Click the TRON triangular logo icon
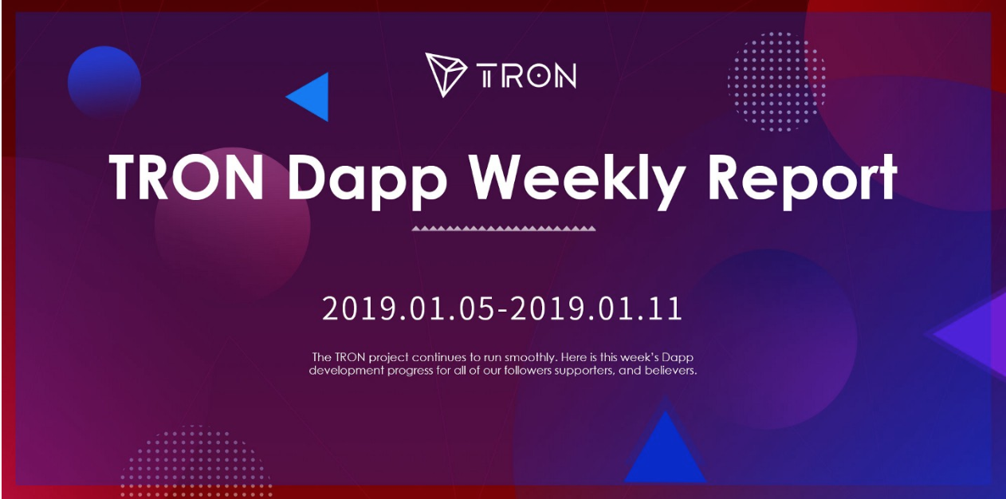pyautogui.click(x=445, y=74)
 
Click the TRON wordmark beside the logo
pyautogui.click(x=526, y=76)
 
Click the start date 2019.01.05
pyautogui.click(x=408, y=308)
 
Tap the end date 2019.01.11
pyautogui.click(x=596, y=308)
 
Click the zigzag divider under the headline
pyautogui.click(x=504, y=229)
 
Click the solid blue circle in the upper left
pyautogui.click(x=104, y=82)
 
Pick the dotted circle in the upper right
pyautogui.click(x=776, y=82)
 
